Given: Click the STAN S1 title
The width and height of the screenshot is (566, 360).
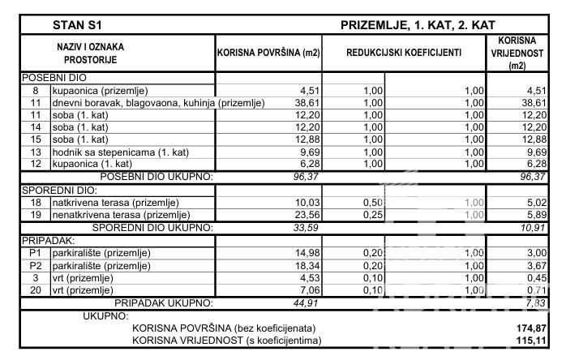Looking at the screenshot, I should pyautogui.click(x=77, y=25).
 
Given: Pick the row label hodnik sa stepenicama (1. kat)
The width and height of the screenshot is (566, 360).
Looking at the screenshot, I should pyautogui.click(x=115, y=152).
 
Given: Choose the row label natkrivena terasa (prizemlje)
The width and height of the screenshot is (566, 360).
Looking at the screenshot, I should pyautogui.click(x=115, y=202).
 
